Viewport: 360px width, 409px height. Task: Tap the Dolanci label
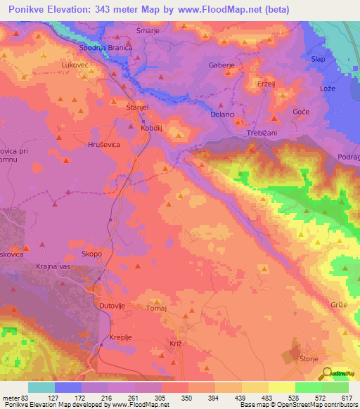[x=223, y=113]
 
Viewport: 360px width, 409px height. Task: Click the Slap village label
[x=318, y=59]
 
